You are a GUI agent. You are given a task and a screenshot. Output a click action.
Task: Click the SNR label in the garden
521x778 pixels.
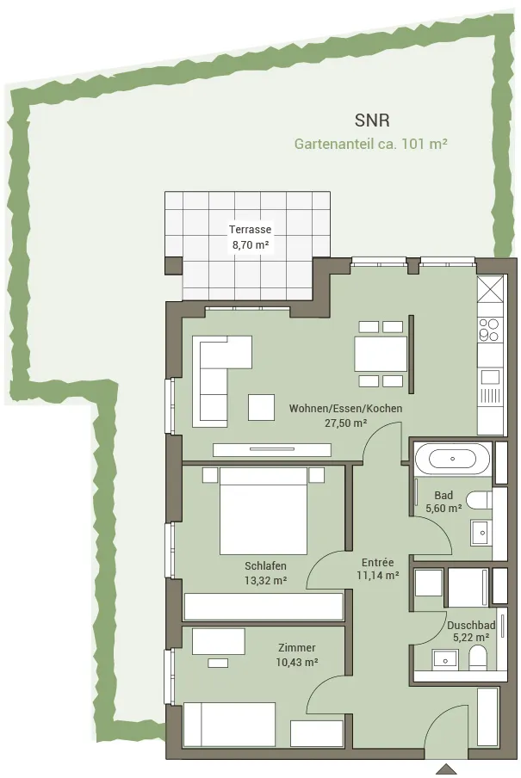tap(372, 120)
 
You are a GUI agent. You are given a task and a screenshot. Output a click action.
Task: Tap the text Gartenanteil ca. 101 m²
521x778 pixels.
tap(371, 144)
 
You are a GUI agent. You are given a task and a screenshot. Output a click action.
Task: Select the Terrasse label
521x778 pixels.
tap(250, 230)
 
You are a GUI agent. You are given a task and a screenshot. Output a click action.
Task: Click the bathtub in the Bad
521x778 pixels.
tap(452, 459)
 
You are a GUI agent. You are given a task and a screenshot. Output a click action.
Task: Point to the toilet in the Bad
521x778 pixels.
tap(480, 500)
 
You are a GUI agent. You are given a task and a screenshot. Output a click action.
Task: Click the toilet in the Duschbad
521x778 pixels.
tap(478, 657)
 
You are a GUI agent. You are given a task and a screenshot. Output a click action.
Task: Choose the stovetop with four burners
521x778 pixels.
tap(488, 330)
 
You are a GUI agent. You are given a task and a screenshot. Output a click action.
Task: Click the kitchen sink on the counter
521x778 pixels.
tap(489, 377)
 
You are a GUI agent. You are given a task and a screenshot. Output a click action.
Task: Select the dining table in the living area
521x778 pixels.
tap(381, 353)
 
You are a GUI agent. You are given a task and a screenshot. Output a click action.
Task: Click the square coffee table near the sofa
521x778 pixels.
tap(262, 407)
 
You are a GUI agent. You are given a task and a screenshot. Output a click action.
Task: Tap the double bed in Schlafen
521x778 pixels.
tap(264, 511)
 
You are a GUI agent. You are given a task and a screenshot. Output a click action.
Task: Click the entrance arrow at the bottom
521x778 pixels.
tap(449, 769)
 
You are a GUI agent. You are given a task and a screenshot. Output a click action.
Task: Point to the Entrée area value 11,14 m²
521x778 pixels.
tap(377, 576)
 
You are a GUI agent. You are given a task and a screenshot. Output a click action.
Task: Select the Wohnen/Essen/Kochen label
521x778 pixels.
tap(345, 408)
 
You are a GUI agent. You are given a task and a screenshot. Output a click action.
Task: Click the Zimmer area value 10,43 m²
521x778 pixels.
tap(297, 662)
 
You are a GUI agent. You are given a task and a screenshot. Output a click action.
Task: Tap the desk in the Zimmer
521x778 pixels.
tap(219, 641)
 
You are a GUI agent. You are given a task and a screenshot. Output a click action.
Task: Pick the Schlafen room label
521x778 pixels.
tap(265, 566)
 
